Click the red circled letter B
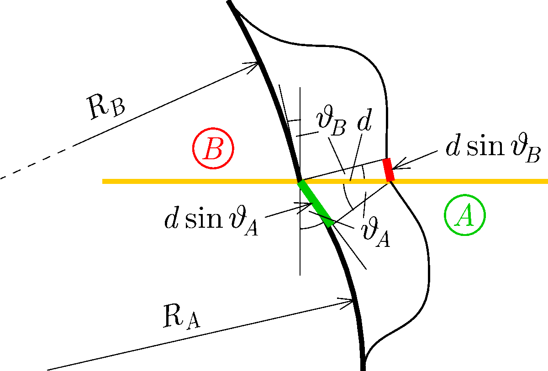click(x=213, y=148)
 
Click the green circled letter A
click(x=464, y=215)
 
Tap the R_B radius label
click(x=106, y=107)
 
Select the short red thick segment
click(x=389, y=170)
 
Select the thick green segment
click(x=316, y=204)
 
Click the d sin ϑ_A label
click(x=211, y=221)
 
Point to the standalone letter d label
click(x=364, y=119)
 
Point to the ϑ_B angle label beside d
click(x=332, y=120)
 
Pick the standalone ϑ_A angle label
click(x=375, y=232)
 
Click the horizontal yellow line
click(x=325, y=181)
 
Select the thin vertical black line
click(x=300, y=181)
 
